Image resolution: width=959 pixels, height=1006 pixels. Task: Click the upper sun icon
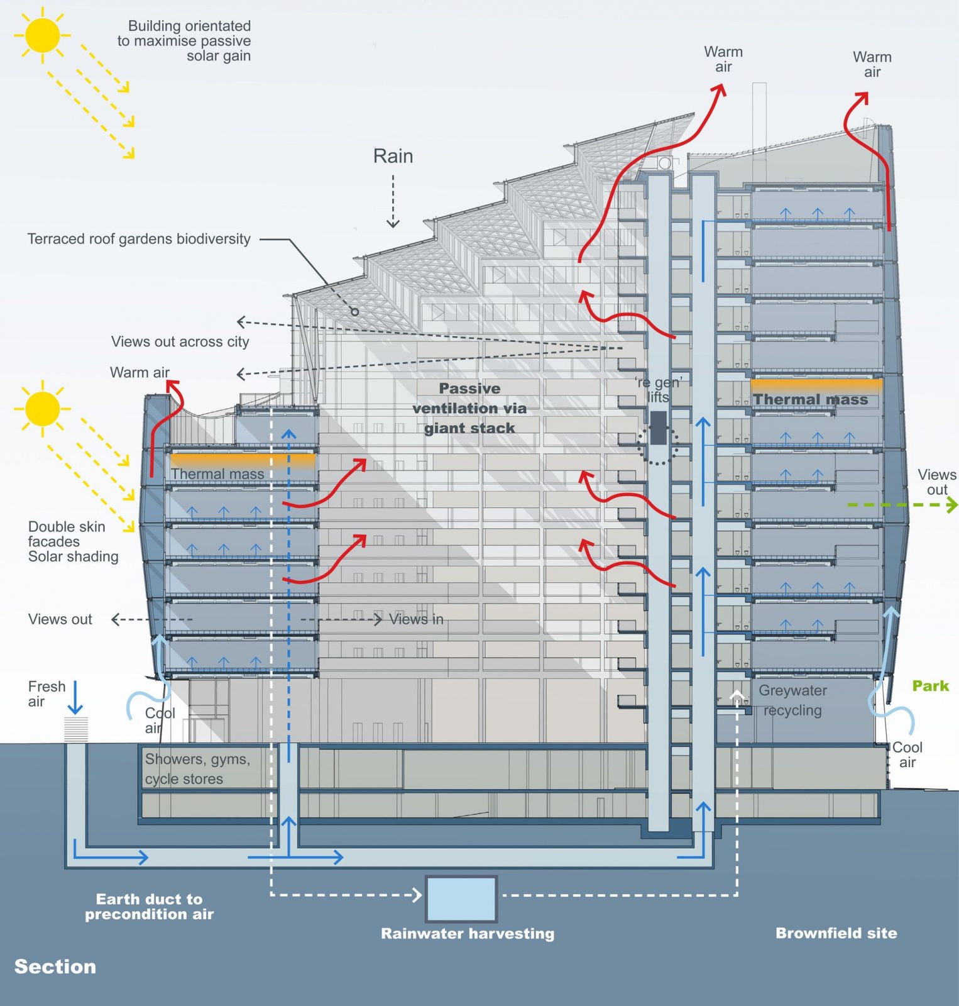click(43, 35)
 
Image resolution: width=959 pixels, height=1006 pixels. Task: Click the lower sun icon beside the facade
click(43, 409)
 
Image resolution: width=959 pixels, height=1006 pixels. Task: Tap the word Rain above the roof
click(393, 156)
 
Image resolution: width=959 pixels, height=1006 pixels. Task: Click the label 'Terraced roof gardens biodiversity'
click(139, 239)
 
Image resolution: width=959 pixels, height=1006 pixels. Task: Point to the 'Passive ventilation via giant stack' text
click(469, 408)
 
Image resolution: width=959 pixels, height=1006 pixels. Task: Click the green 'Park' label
click(930, 686)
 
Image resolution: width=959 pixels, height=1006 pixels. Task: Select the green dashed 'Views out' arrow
click(902, 504)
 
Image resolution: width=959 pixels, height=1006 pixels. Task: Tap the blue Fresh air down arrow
click(75, 698)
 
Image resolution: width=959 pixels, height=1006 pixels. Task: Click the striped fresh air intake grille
click(76, 729)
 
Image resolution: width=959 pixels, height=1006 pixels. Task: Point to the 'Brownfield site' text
click(836, 933)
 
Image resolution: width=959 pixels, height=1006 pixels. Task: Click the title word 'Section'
click(55, 966)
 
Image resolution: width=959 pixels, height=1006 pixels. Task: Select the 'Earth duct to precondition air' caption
click(150, 907)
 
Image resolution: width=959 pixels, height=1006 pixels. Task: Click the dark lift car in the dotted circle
click(658, 428)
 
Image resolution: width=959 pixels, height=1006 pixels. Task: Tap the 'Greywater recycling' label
click(792, 700)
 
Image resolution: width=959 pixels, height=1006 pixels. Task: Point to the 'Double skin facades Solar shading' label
click(73, 541)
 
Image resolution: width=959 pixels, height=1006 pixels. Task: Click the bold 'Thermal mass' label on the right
click(810, 400)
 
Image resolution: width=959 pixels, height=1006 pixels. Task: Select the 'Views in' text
click(416, 619)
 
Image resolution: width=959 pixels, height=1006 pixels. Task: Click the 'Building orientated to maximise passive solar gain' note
click(185, 41)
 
